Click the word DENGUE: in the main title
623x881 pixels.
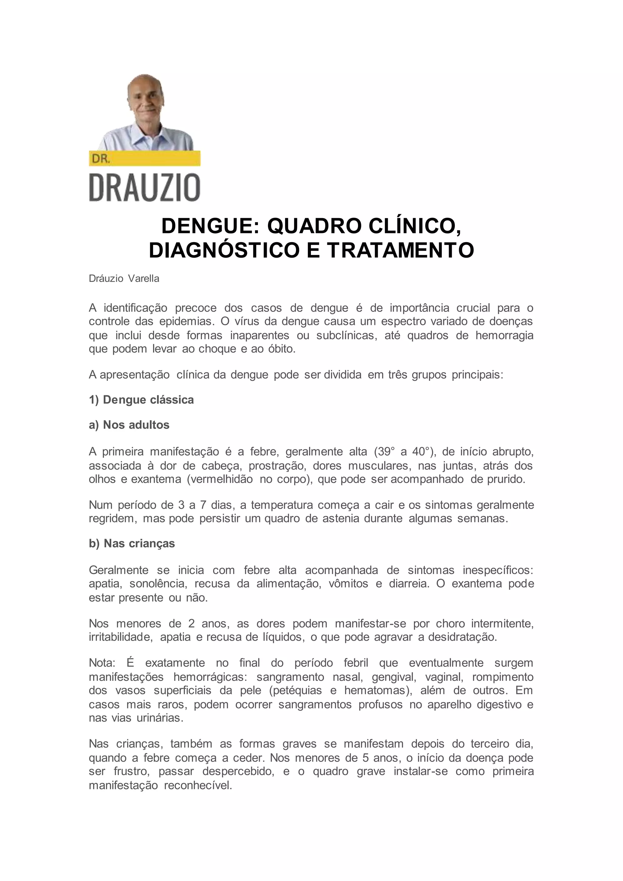point(211,226)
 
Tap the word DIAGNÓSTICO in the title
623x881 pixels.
point(224,250)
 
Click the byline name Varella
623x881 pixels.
point(144,279)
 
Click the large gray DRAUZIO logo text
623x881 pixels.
point(144,188)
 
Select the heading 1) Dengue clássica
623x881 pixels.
point(141,400)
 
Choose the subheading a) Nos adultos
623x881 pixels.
point(129,425)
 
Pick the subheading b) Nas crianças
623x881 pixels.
point(132,543)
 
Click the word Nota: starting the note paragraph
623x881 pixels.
point(102,663)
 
